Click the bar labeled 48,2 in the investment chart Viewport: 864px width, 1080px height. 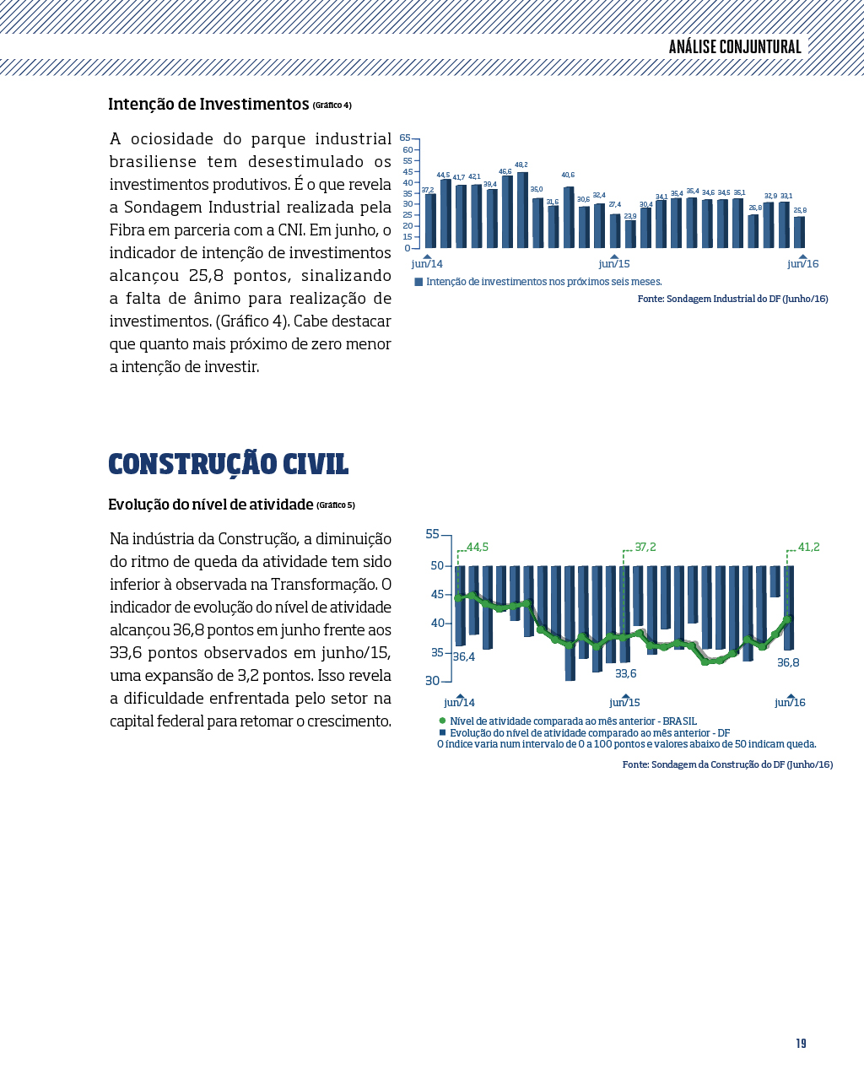(522, 210)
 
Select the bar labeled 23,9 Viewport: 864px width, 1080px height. (630, 235)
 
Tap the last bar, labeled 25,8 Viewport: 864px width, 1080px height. (799, 232)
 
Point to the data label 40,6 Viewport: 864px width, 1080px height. (568, 175)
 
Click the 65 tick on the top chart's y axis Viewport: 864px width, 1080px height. (405, 138)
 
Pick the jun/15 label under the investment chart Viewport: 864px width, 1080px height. (614, 264)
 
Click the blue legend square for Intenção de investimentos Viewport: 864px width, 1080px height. (418, 282)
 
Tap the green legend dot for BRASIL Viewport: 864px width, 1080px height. (442, 721)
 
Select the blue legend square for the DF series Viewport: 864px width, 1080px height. (442, 732)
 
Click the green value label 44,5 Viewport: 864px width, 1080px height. (478, 547)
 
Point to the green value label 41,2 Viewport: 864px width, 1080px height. (809, 547)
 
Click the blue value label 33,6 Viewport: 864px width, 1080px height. (626, 673)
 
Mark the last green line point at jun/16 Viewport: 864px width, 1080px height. (787, 620)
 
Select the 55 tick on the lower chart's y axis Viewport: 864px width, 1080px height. (432, 534)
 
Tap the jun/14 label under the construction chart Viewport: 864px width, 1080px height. (459, 703)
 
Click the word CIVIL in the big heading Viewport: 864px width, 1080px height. (316, 464)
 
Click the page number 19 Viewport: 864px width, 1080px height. (802, 1044)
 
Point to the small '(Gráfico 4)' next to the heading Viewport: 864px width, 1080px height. (332, 105)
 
